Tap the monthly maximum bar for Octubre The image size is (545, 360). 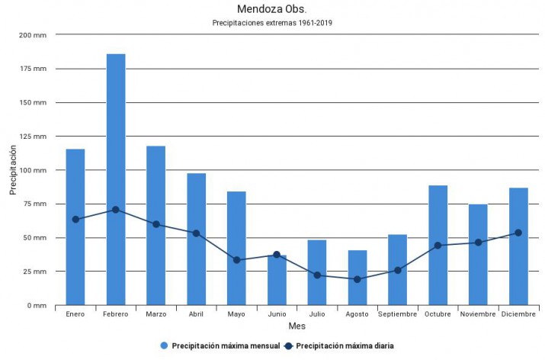(438, 245)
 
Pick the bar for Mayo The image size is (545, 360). (236, 248)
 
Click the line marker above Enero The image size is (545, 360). (75, 219)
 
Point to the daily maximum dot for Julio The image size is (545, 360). (317, 275)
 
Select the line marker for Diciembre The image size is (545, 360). (518, 233)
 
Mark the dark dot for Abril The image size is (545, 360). (196, 233)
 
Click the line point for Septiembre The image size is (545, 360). (398, 270)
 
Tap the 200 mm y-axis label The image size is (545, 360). (32, 35)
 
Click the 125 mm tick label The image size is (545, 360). (32, 137)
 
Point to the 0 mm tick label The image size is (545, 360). (36, 305)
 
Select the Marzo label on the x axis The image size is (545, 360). (155, 314)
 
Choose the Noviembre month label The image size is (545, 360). (478, 314)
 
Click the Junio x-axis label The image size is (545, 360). (277, 314)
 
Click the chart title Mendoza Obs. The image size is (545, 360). (272, 10)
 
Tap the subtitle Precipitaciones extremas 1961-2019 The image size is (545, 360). (272, 23)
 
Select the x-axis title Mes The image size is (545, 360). (297, 326)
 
